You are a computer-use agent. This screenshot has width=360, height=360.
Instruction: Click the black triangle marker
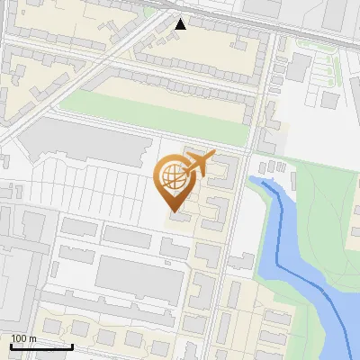181,23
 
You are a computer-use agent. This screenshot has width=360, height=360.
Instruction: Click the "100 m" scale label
24,338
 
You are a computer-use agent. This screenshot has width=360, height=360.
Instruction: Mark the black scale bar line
41,346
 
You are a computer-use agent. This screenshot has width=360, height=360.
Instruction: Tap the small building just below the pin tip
179,216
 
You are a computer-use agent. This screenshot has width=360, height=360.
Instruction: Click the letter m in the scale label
33,338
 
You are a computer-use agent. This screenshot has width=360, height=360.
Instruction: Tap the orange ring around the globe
160,175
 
